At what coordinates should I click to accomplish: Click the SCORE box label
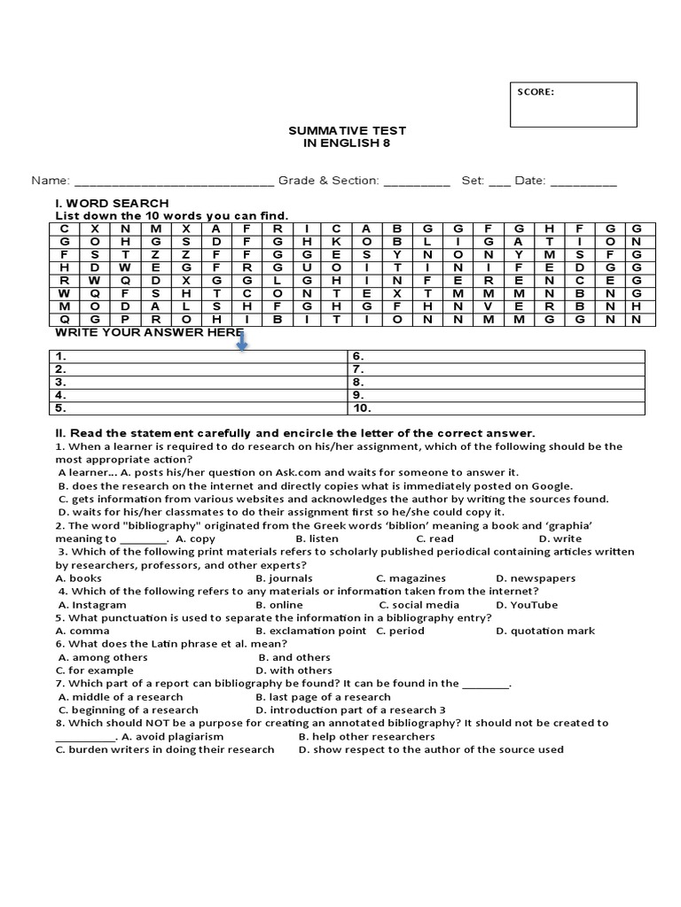536,91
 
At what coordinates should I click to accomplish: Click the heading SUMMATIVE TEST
340,130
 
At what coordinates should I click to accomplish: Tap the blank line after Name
174,182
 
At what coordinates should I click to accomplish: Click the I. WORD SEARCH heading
112,203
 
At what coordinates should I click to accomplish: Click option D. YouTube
527,604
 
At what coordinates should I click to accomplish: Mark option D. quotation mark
545,631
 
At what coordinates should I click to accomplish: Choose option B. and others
294,657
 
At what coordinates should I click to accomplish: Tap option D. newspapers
536,578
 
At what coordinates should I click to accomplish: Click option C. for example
95,671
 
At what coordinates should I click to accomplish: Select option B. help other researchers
366,736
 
